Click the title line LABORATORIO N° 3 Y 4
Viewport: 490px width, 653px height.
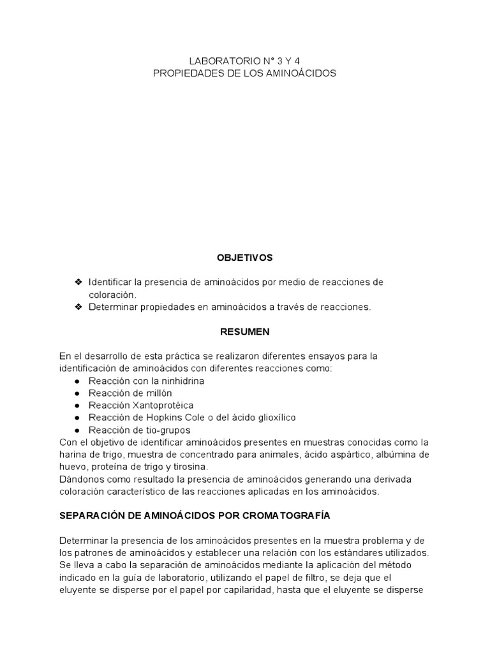click(x=244, y=61)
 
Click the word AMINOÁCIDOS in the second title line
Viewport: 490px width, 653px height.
click(x=301, y=73)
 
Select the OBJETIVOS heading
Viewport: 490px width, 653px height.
click(x=244, y=258)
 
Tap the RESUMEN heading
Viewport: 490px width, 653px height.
click(x=244, y=332)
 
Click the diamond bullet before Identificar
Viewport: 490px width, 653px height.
click(x=78, y=282)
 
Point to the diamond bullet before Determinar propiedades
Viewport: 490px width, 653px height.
click(x=78, y=307)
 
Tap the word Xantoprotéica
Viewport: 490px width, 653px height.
click(x=163, y=405)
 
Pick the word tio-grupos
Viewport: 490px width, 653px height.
click(x=167, y=430)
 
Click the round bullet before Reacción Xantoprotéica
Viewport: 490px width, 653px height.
click(x=77, y=406)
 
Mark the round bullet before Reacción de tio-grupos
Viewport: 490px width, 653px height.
click(x=77, y=430)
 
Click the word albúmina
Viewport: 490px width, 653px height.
click(x=396, y=454)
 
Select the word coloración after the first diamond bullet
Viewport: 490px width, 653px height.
click(x=112, y=295)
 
